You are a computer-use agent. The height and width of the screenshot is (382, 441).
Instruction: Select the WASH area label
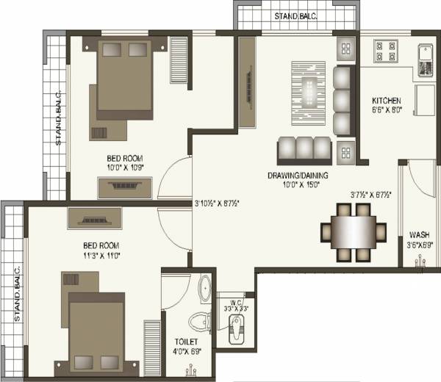click(x=420, y=235)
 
